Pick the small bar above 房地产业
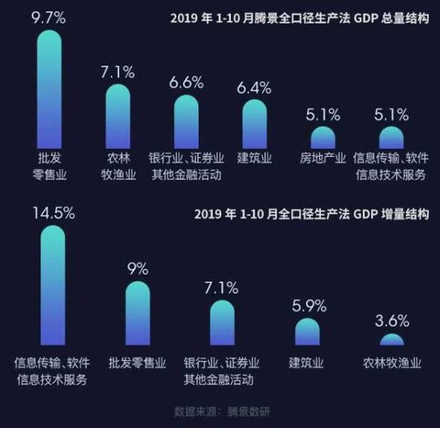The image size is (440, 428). pos(323,138)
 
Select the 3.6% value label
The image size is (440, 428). pos(391,321)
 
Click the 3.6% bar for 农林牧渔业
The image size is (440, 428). pos(391,339)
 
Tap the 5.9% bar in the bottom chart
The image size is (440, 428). pos(307,332)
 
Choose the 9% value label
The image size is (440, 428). pos(137,270)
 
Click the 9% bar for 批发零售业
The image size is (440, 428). pos(137,312)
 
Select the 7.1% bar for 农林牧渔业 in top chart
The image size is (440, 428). pos(118,116)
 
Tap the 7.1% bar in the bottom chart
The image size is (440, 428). pos(222,322)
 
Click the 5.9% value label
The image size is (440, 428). pos(307,306)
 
